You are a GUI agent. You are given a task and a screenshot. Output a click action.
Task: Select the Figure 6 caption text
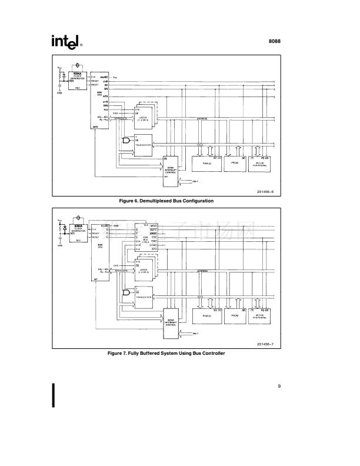[x=166, y=201]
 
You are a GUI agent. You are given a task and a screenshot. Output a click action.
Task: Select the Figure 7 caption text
[x=166, y=353]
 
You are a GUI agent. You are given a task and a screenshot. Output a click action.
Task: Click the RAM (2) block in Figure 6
[x=206, y=162]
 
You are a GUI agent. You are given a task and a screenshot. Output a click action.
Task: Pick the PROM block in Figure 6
[x=234, y=162]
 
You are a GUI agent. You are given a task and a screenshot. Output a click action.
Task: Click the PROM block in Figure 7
[x=234, y=315]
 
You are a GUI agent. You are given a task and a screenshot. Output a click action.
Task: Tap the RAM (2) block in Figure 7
[x=206, y=315]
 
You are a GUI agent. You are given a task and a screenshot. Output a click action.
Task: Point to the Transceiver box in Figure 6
[x=144, y=144]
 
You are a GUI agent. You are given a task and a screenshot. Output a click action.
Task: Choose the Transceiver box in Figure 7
[x=144, y=296]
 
